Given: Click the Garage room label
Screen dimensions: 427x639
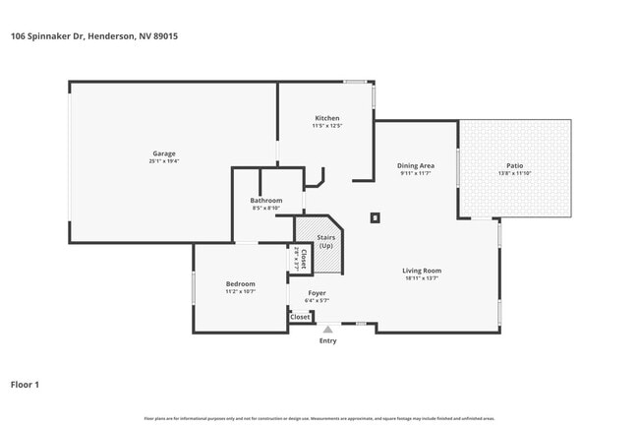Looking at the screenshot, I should point(164,152).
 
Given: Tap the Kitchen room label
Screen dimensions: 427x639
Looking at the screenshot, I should point(326,118).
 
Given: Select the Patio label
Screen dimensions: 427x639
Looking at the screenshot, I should point(514,165).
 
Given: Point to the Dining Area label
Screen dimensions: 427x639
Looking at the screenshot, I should point(415,165).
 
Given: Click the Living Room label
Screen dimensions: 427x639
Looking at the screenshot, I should point(421,271).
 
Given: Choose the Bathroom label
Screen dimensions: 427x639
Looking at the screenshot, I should point(266,200).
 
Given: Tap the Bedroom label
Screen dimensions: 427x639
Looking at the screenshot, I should point(241,283).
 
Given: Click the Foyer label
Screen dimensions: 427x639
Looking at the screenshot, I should point(317,292).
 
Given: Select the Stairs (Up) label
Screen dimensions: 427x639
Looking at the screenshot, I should point(325,241).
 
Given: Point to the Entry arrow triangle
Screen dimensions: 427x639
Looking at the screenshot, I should point(327,330).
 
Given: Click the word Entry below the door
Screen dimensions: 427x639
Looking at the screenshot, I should point(327,341).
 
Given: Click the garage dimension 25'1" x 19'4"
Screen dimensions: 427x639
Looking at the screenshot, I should point(164,160).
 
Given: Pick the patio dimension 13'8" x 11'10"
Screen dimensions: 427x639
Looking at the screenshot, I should point(514,173).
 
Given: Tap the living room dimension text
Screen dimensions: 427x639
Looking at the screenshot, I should point(421,278).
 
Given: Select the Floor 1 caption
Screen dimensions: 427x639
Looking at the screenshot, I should point(25,384).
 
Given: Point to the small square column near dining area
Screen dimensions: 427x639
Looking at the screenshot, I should point(375,217).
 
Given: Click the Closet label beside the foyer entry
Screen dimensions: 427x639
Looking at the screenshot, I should point(300,317).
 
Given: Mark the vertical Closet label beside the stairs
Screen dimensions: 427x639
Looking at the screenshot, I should point(303,258).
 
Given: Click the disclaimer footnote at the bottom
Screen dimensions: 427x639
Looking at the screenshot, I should point(319,419).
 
